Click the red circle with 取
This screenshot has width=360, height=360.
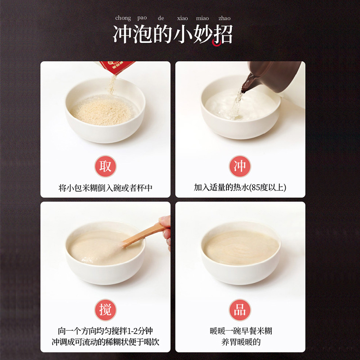105,166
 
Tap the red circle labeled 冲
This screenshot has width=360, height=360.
240,166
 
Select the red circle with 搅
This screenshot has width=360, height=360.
105,310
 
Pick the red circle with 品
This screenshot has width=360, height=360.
240,310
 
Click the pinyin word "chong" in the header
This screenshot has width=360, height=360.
123,18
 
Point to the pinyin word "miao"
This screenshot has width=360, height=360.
202,18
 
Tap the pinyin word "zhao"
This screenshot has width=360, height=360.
224,18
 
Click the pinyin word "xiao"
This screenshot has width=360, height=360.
182,18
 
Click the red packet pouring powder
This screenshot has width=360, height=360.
115,67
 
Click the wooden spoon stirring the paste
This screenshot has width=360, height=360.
143,234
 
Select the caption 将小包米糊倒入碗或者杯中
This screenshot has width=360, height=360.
105,188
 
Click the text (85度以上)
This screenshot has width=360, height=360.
267,188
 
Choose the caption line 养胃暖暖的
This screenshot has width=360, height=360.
241,342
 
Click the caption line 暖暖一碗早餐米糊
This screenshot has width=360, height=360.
241,331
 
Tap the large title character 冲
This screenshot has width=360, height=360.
123,35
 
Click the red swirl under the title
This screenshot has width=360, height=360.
217,42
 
